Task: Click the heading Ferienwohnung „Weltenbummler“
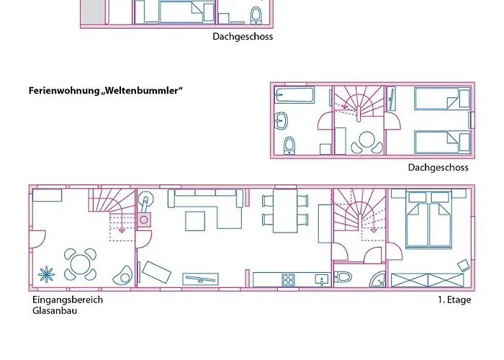pyautogui.click(x=106, y=91)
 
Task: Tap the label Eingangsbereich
pyautogui.click(x=68, y=300)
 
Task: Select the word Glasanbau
pyautogui.click(x=55, y=311)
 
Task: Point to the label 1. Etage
pyautogui.click(x=454, y=300)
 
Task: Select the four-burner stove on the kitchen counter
pyautogui.click(x=289, y=279)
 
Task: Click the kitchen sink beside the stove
pyautogui.click(x=322, y=278)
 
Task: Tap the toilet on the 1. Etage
pyautogui.click(x=343, y=276)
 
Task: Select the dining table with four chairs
pyautogui.click(x=284, y=210)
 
